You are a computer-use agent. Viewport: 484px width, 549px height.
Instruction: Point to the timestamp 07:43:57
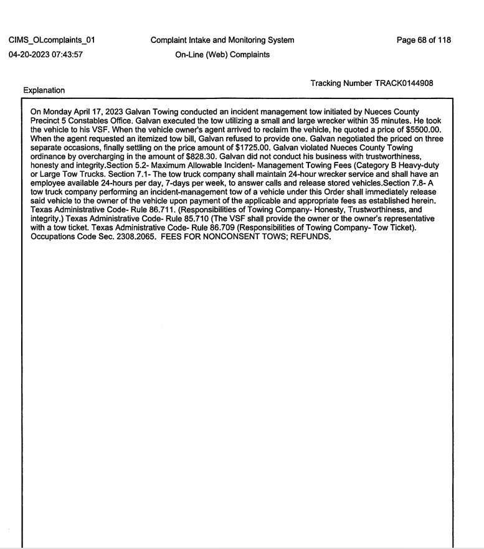tap(78, 55)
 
